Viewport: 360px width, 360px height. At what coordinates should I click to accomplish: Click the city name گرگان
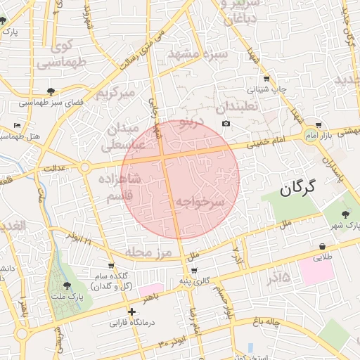pyautogui.click(x=298, y=188)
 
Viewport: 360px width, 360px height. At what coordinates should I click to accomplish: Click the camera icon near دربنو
pyautogui.click(x=226, y=124)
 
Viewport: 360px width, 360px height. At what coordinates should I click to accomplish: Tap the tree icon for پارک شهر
pyautogui.click(x=345, y=214)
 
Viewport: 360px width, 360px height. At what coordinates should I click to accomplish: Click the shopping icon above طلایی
pyautogui.click(x=322, y=246)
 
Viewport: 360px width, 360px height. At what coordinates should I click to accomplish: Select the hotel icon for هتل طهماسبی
pyautogui.click(x=18, y=126)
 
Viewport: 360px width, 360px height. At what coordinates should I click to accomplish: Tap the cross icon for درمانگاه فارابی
pyautogui.click(x=131, y=311)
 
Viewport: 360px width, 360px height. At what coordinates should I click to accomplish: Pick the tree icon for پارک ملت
pyautogui.click(x=67, y=285)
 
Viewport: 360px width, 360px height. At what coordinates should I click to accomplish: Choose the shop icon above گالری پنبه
pyautogui.click(x=193, y=271)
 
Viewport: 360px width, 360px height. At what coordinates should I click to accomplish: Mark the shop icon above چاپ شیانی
pyautogui.click(x=266, y=79)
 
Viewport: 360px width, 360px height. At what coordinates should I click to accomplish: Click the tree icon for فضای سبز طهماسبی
pyautogui.click(x=51, y=91)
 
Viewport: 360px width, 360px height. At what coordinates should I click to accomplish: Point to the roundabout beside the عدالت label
pyautogui.click(x=84, y=167)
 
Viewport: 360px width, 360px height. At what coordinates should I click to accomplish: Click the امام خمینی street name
pyautogui.click(x=268, y=143)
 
